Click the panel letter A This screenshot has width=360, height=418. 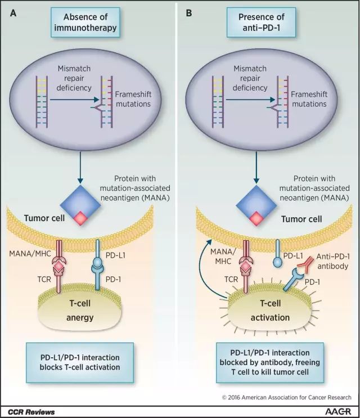13,13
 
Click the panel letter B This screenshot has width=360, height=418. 189,13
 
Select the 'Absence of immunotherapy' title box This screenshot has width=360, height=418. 85,23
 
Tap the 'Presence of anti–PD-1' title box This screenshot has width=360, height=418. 261,23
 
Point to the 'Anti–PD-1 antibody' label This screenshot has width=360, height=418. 333,261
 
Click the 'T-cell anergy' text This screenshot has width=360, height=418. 80,311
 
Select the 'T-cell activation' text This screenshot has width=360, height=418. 270,311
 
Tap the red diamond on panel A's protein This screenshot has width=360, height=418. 80,218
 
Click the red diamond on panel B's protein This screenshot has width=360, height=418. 256,218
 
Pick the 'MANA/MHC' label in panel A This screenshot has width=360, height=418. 30,253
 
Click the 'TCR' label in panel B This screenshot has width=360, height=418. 231,279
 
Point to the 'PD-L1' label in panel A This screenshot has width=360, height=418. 115,255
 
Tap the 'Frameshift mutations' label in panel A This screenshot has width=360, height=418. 133,99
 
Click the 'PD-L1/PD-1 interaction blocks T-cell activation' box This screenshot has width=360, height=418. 80,362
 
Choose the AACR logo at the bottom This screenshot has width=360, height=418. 338,411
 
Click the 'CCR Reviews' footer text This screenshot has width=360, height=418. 31,412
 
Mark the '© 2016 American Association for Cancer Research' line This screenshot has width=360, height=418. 287,397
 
